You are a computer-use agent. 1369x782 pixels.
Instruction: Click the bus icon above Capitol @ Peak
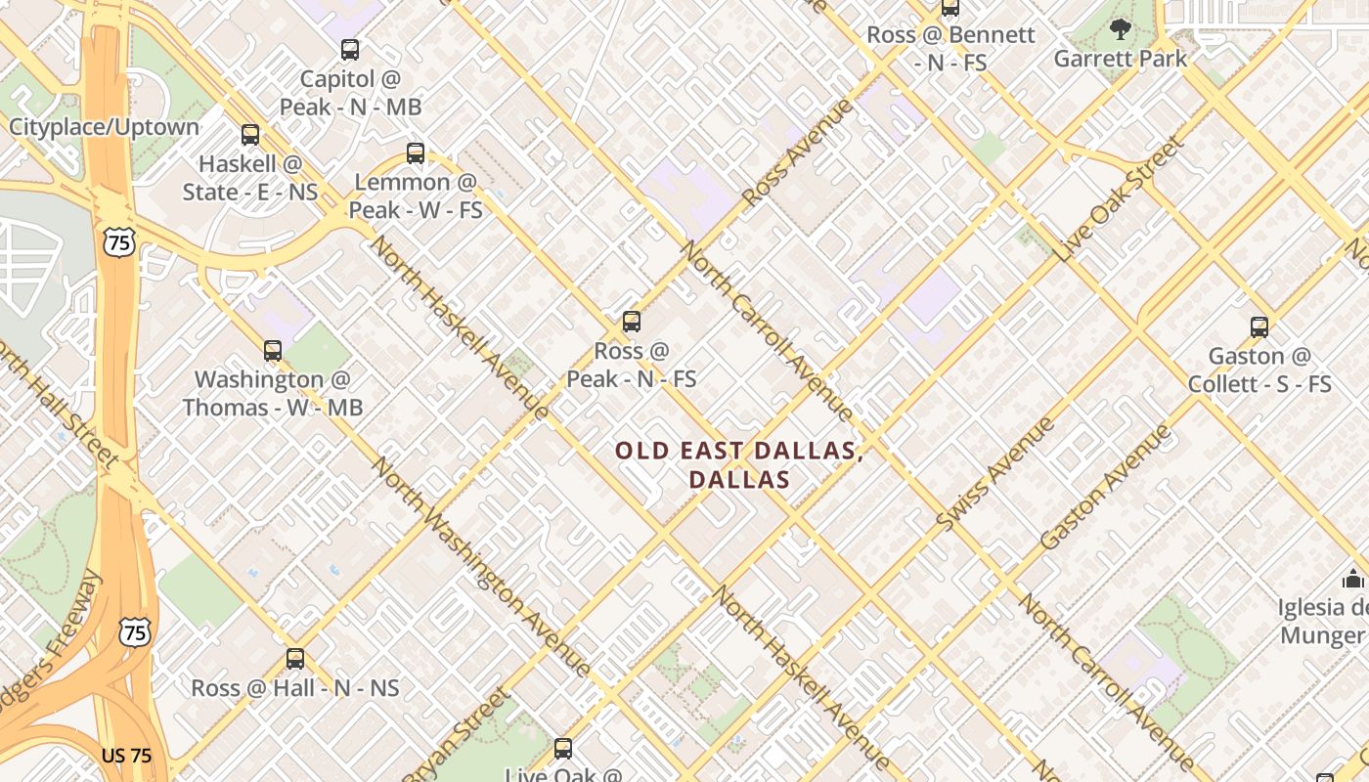click(349, 49)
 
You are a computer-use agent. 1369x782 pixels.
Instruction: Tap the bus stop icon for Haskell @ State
click(250, 135)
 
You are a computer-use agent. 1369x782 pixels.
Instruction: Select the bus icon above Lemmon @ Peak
click(416, 152)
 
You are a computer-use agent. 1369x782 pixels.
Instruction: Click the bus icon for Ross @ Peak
click(632, 321)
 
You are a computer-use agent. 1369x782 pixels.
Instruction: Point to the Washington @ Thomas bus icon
click(273, 350)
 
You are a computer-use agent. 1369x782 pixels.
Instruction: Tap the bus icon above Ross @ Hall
click(295, 659)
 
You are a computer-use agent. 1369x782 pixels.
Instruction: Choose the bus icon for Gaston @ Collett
click(1259, 326)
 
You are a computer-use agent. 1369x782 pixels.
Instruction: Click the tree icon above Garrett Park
click(1121, 29)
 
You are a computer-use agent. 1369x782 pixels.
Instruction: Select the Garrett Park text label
click(1121, 59)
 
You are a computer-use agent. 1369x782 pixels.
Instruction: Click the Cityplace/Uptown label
click(104, 127)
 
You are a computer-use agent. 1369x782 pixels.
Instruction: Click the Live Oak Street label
click(1120, 199)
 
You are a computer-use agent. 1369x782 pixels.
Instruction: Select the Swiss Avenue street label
click(994, 474)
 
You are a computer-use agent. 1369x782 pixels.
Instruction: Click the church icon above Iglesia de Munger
click(1353, 579)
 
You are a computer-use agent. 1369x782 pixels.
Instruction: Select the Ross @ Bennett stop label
click(950, 49)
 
